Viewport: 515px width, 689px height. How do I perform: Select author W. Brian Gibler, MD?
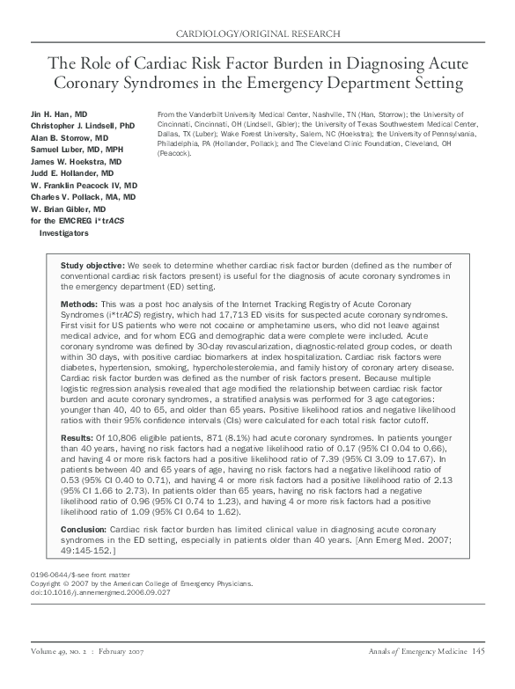[70, 210]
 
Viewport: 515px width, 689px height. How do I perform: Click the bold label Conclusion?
[84, 527]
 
